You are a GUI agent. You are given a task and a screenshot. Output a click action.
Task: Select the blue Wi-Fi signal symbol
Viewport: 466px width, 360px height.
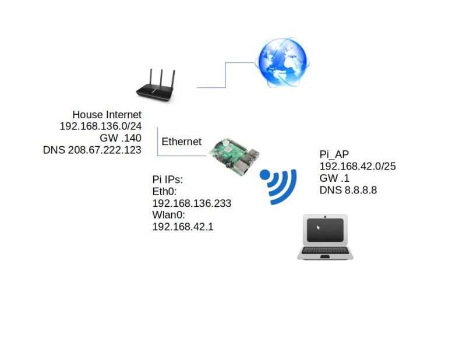278,185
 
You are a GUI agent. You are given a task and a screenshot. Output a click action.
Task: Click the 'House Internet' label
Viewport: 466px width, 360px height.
107,115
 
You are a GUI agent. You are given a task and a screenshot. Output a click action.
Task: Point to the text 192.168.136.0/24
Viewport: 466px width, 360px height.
100,126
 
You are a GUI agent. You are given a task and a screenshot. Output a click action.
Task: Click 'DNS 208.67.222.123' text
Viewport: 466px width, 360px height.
92,150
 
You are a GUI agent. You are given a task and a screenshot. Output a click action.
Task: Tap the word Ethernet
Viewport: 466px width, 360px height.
181,142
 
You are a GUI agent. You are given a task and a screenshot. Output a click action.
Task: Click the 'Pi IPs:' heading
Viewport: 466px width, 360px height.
168,180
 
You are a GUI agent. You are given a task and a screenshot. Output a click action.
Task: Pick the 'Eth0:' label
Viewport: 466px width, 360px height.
164,192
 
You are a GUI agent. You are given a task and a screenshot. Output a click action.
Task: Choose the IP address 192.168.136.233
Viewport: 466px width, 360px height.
192,203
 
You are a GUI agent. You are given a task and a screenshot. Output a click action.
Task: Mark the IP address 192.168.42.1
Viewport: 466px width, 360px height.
182,227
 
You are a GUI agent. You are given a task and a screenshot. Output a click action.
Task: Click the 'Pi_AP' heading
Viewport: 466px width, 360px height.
334,154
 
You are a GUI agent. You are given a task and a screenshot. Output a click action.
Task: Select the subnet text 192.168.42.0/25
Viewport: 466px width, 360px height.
357,166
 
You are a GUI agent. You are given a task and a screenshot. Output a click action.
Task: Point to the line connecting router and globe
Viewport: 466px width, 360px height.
225,76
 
